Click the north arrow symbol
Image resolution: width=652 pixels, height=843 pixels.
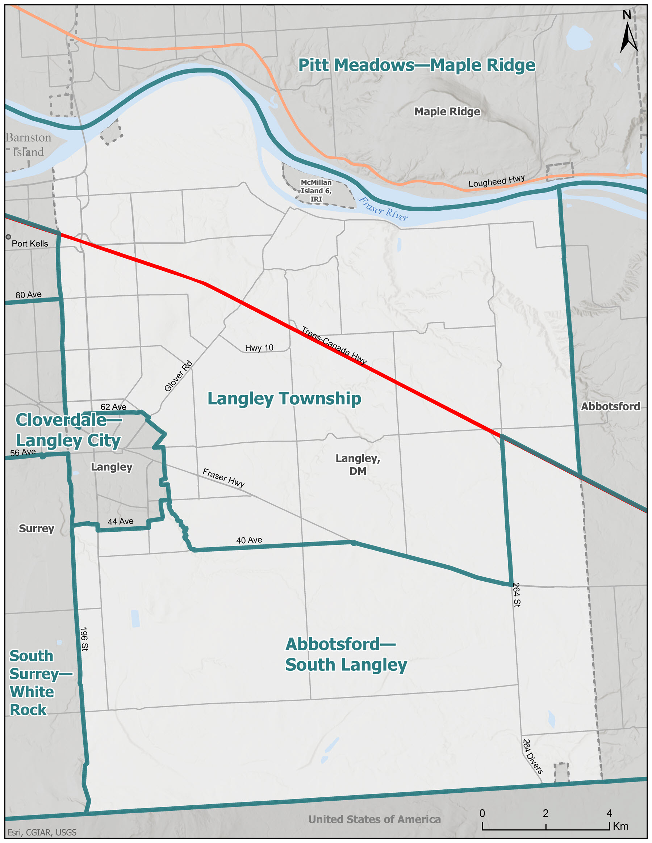628,37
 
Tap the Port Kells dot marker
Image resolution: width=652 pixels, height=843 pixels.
8,237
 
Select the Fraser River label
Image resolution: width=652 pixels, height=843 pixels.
383,209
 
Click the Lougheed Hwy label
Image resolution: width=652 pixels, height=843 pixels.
496,181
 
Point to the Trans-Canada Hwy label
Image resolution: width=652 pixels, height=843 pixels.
334,345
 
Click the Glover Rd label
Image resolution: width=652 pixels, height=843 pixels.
178,376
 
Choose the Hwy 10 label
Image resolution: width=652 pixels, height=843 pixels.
259,348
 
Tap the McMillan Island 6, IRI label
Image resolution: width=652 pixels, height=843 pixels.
316,191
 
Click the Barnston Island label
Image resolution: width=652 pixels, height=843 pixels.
28,145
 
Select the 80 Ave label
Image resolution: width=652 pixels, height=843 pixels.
29,295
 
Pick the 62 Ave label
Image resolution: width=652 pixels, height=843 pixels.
113,407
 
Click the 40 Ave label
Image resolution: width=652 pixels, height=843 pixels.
249,540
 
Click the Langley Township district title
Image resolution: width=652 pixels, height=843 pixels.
284,399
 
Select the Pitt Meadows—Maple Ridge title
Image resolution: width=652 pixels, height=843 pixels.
417,65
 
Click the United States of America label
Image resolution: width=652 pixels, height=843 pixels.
374,819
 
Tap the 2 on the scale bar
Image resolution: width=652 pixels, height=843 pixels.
546,813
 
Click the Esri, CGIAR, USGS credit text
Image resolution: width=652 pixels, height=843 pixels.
42,832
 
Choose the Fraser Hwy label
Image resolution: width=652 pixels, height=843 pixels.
223,478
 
